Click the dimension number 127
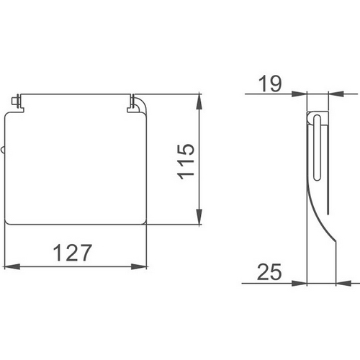[x=72, y=253]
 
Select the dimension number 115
[x=186, y=161]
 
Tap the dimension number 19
[x=269, y=84]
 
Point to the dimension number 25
[x=269, y=272]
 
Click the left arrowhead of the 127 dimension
[x=12, y=266]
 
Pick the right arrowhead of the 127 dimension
[x=139, y=266]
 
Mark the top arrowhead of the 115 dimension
[x=199, y=102]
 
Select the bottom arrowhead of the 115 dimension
[x=199, y=217]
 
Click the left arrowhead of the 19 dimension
[x=300, y=94]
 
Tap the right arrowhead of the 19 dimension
[x=336, y=94]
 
